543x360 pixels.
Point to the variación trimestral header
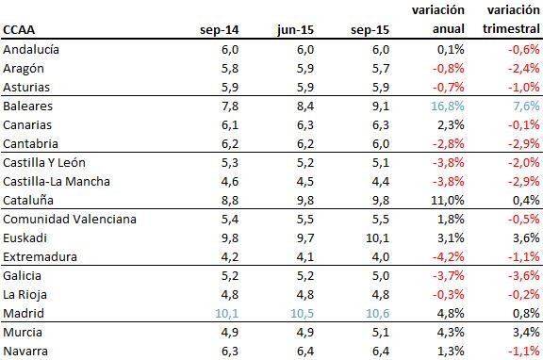pos(513,20)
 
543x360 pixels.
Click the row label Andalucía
pos(32,50)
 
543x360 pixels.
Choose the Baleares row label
pos(28,106)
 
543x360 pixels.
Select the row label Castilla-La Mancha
pos(57,181)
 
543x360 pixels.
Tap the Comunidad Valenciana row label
pos(70,219)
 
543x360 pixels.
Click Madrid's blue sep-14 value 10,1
pos(225,313)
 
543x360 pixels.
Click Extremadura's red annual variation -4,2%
pos(447,256)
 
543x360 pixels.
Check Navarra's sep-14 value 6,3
pos(229,351)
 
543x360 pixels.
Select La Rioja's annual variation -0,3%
pos(447,294)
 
